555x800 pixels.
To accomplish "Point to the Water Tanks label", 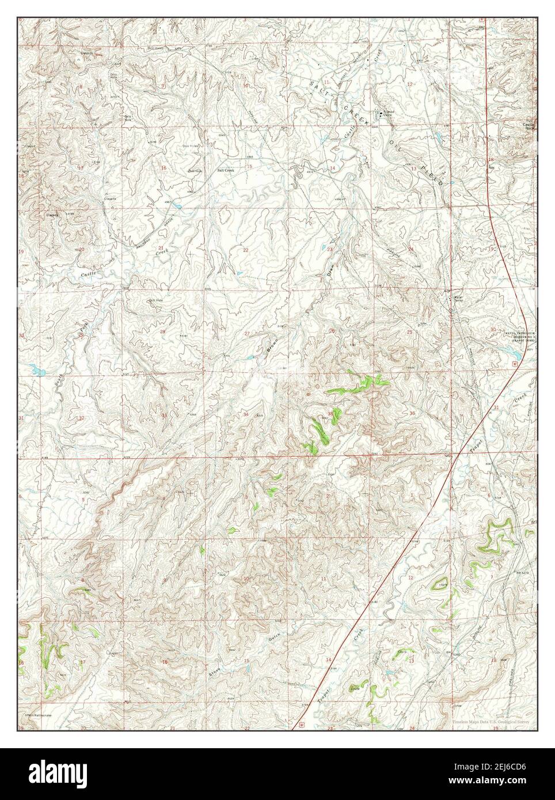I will point(459,299).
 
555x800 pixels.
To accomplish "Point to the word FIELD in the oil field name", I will point(434,174).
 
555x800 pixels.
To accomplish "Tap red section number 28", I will point(162,332).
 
